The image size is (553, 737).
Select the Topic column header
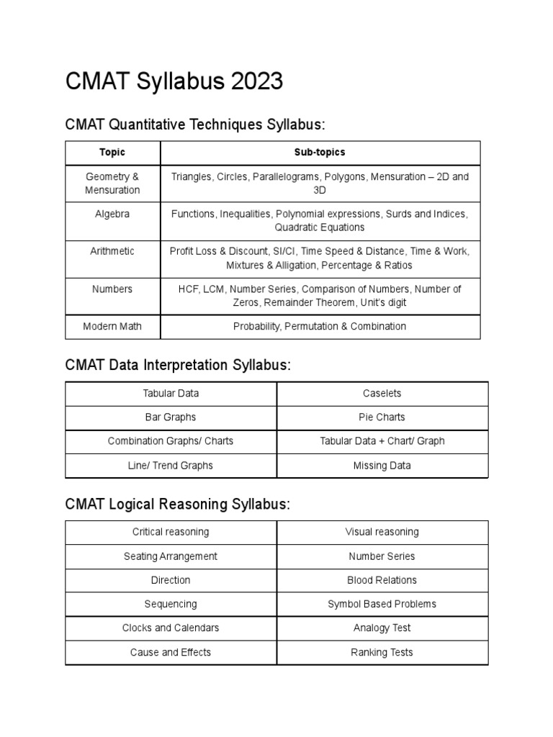click(112, 153)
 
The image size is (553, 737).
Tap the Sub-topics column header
click(320, 153)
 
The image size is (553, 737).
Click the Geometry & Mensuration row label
click(112, 184)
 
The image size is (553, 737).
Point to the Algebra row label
click(112, 214)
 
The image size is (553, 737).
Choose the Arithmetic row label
click(112, 251)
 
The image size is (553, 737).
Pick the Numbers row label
click(112, 289)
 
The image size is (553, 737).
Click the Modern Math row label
click(112, 326)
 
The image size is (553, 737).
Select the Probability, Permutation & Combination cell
click(320, 326)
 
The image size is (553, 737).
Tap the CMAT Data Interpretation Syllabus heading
click(178, 365)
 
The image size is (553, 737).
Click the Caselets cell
click(382, 394)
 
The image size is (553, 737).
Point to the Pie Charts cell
click(382, 417)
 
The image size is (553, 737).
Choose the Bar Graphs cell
click(171, 417)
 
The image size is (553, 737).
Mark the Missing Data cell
click(382, 466)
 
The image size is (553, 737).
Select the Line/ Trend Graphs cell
click(171, 466)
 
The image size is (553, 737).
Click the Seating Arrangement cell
click(171, 556)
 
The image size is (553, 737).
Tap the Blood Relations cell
click(382, 580)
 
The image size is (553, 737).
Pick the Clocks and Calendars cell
click(171, 628)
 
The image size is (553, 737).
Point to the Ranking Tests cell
click(382, 652)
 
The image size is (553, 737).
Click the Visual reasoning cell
click(382, 532)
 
